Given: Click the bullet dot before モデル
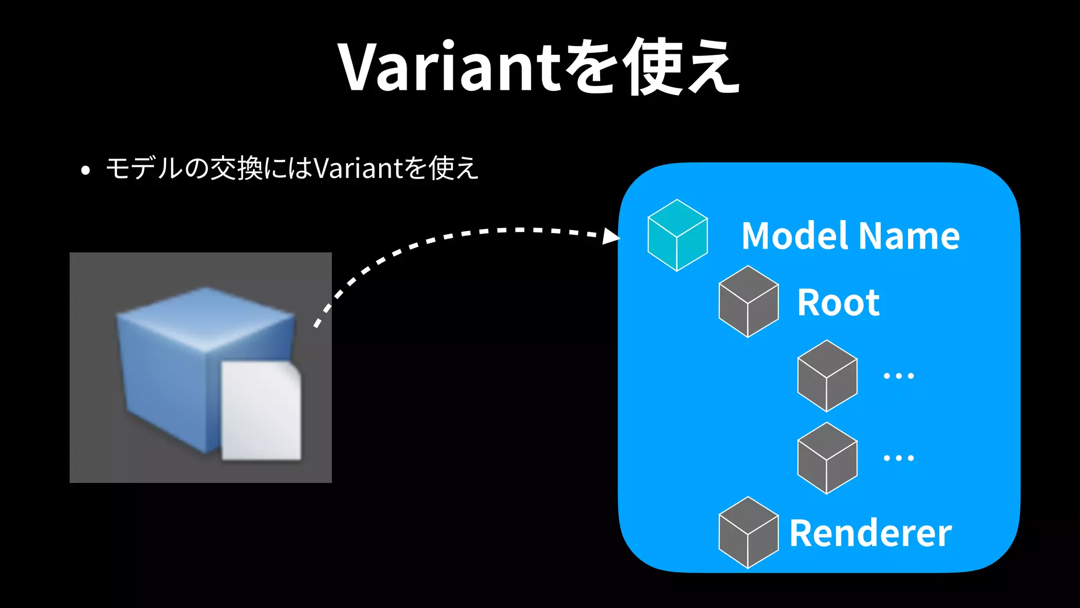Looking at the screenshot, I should click(85, 170).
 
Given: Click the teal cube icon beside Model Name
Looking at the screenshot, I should click(678, 235).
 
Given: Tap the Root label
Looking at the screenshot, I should click(838, 303).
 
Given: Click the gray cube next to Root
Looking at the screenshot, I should click(748, 301).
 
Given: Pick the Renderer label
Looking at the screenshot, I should click(870, 534).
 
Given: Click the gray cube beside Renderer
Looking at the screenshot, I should click(748, 533).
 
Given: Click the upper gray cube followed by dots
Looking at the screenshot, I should click(827, 376).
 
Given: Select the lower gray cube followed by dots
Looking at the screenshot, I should click(827, 458).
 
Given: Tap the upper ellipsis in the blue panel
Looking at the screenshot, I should click(899, 376).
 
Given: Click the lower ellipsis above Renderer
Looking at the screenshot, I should click(899, 458).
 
